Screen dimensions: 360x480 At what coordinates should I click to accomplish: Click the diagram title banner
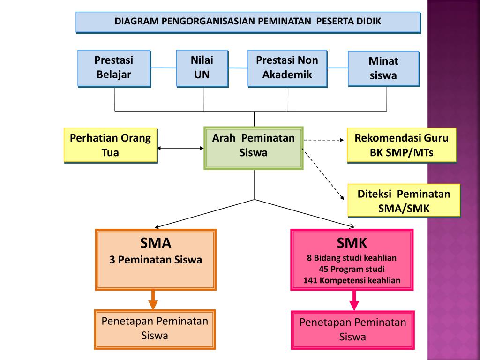(248, 22)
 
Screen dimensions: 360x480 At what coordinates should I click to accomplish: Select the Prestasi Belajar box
(114, 68)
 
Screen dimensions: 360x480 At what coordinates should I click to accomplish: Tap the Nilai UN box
(202, 68)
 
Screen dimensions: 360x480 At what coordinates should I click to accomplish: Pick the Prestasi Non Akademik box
(287, 68)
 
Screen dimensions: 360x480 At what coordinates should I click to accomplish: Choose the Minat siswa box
(383, 68)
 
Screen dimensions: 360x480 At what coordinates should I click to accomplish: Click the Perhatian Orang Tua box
(110, 145)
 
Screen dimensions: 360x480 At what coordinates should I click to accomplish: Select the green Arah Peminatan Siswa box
(254, 147)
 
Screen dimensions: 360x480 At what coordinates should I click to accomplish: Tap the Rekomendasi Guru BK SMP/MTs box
(401, 145)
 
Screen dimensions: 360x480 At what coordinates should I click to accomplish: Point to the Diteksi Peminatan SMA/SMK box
(404, 201)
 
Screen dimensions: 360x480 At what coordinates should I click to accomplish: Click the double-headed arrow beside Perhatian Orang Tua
(181, 148)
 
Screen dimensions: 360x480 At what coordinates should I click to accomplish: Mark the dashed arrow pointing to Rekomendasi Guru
(324, 139)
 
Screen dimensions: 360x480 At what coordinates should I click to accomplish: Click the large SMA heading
(156, 243)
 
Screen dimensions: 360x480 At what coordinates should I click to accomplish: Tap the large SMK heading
(352, 243)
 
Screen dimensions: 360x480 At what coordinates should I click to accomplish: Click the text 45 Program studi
(352, 269)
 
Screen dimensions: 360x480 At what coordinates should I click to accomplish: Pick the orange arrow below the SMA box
(153, 299)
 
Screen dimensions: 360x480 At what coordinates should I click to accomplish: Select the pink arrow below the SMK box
(354, 300)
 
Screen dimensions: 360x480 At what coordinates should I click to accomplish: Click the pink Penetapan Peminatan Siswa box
(352, 330)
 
